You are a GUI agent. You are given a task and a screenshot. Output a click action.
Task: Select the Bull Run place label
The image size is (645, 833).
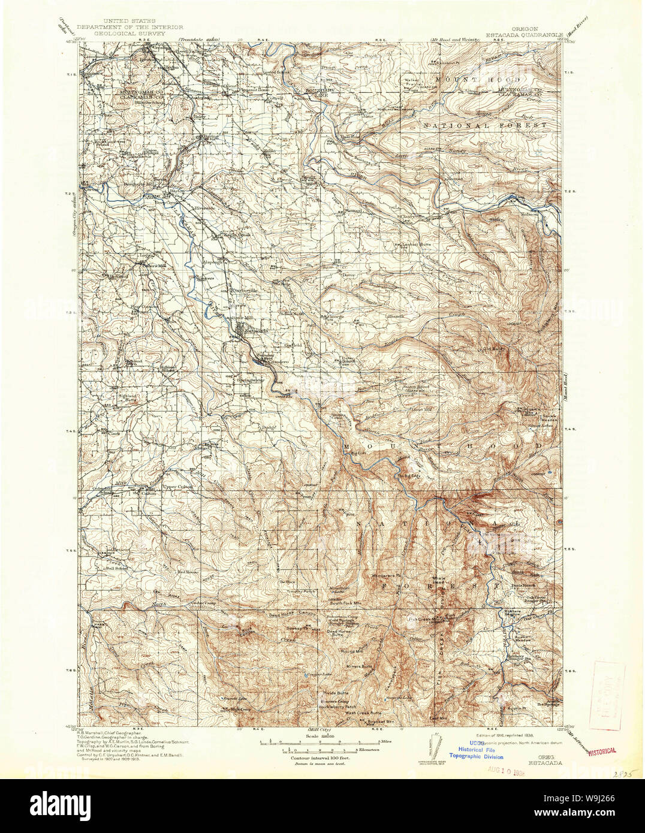click(350, 137)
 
